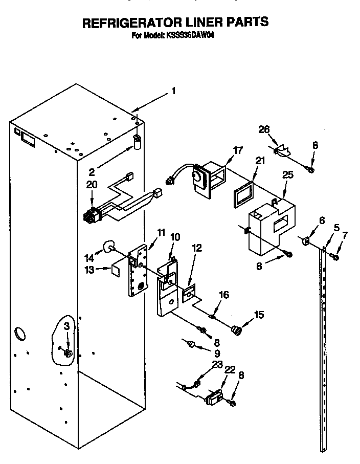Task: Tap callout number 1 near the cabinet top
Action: pyautogui.click(x=173, y=92)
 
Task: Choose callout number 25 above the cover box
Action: pyautogui.click(x=288, y=175)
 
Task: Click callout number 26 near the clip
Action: pyautogui.click(x=264, y=129)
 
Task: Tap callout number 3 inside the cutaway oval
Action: pyautogui.click(x=66, y=327)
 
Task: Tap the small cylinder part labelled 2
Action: pyautogui.click(x=137, y=141)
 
